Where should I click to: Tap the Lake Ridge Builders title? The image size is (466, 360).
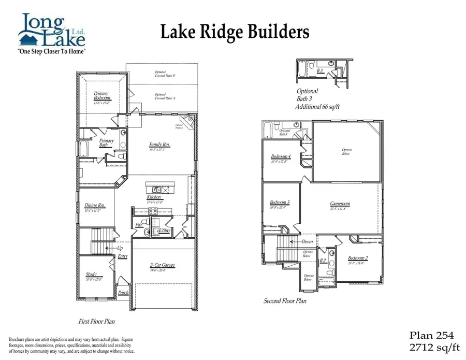235,32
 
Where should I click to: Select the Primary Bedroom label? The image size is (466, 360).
101,96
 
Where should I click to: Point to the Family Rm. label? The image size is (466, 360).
159,145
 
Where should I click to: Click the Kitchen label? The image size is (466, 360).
154,197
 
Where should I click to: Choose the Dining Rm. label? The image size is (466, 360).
95,206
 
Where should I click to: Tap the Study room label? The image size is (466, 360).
91,275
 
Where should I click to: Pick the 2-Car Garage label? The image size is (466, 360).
162,265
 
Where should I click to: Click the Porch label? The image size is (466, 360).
123,293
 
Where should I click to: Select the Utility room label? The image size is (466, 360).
165,230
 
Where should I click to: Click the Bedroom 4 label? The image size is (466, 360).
281,156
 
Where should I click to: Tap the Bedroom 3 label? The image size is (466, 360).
280,203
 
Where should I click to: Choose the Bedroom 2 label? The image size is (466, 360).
358,258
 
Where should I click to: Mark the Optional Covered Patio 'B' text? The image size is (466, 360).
165,74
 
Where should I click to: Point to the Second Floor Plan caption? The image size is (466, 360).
285,301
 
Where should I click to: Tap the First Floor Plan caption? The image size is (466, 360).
96,321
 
